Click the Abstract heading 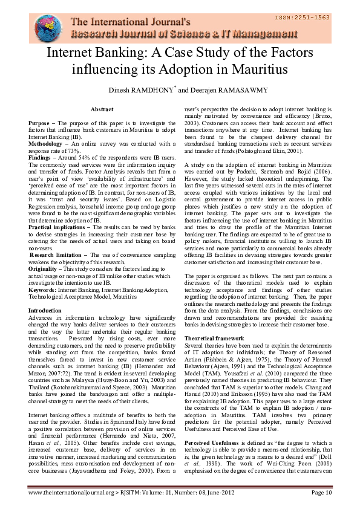click(102, 109)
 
